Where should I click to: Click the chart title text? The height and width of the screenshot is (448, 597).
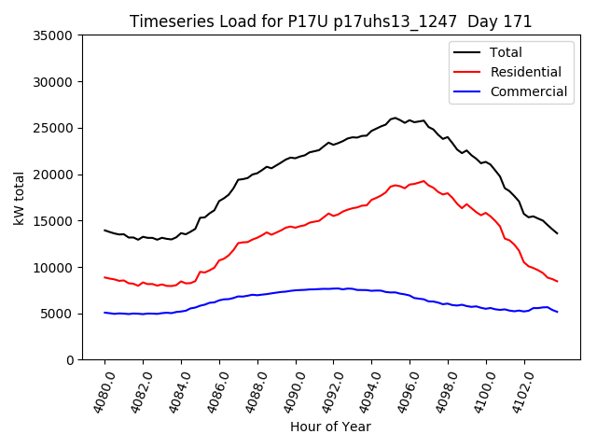click(330, 21)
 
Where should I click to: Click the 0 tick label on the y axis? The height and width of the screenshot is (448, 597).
click(70, 360)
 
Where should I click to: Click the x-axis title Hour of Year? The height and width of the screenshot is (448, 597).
click(330, 427)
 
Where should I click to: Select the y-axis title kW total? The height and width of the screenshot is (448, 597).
click(20, 198)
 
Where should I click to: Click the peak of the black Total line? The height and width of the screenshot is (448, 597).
click(396, 118)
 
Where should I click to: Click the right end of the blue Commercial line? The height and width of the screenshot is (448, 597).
click(558, 312)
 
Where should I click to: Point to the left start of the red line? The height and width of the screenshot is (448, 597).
click(104, 277)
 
